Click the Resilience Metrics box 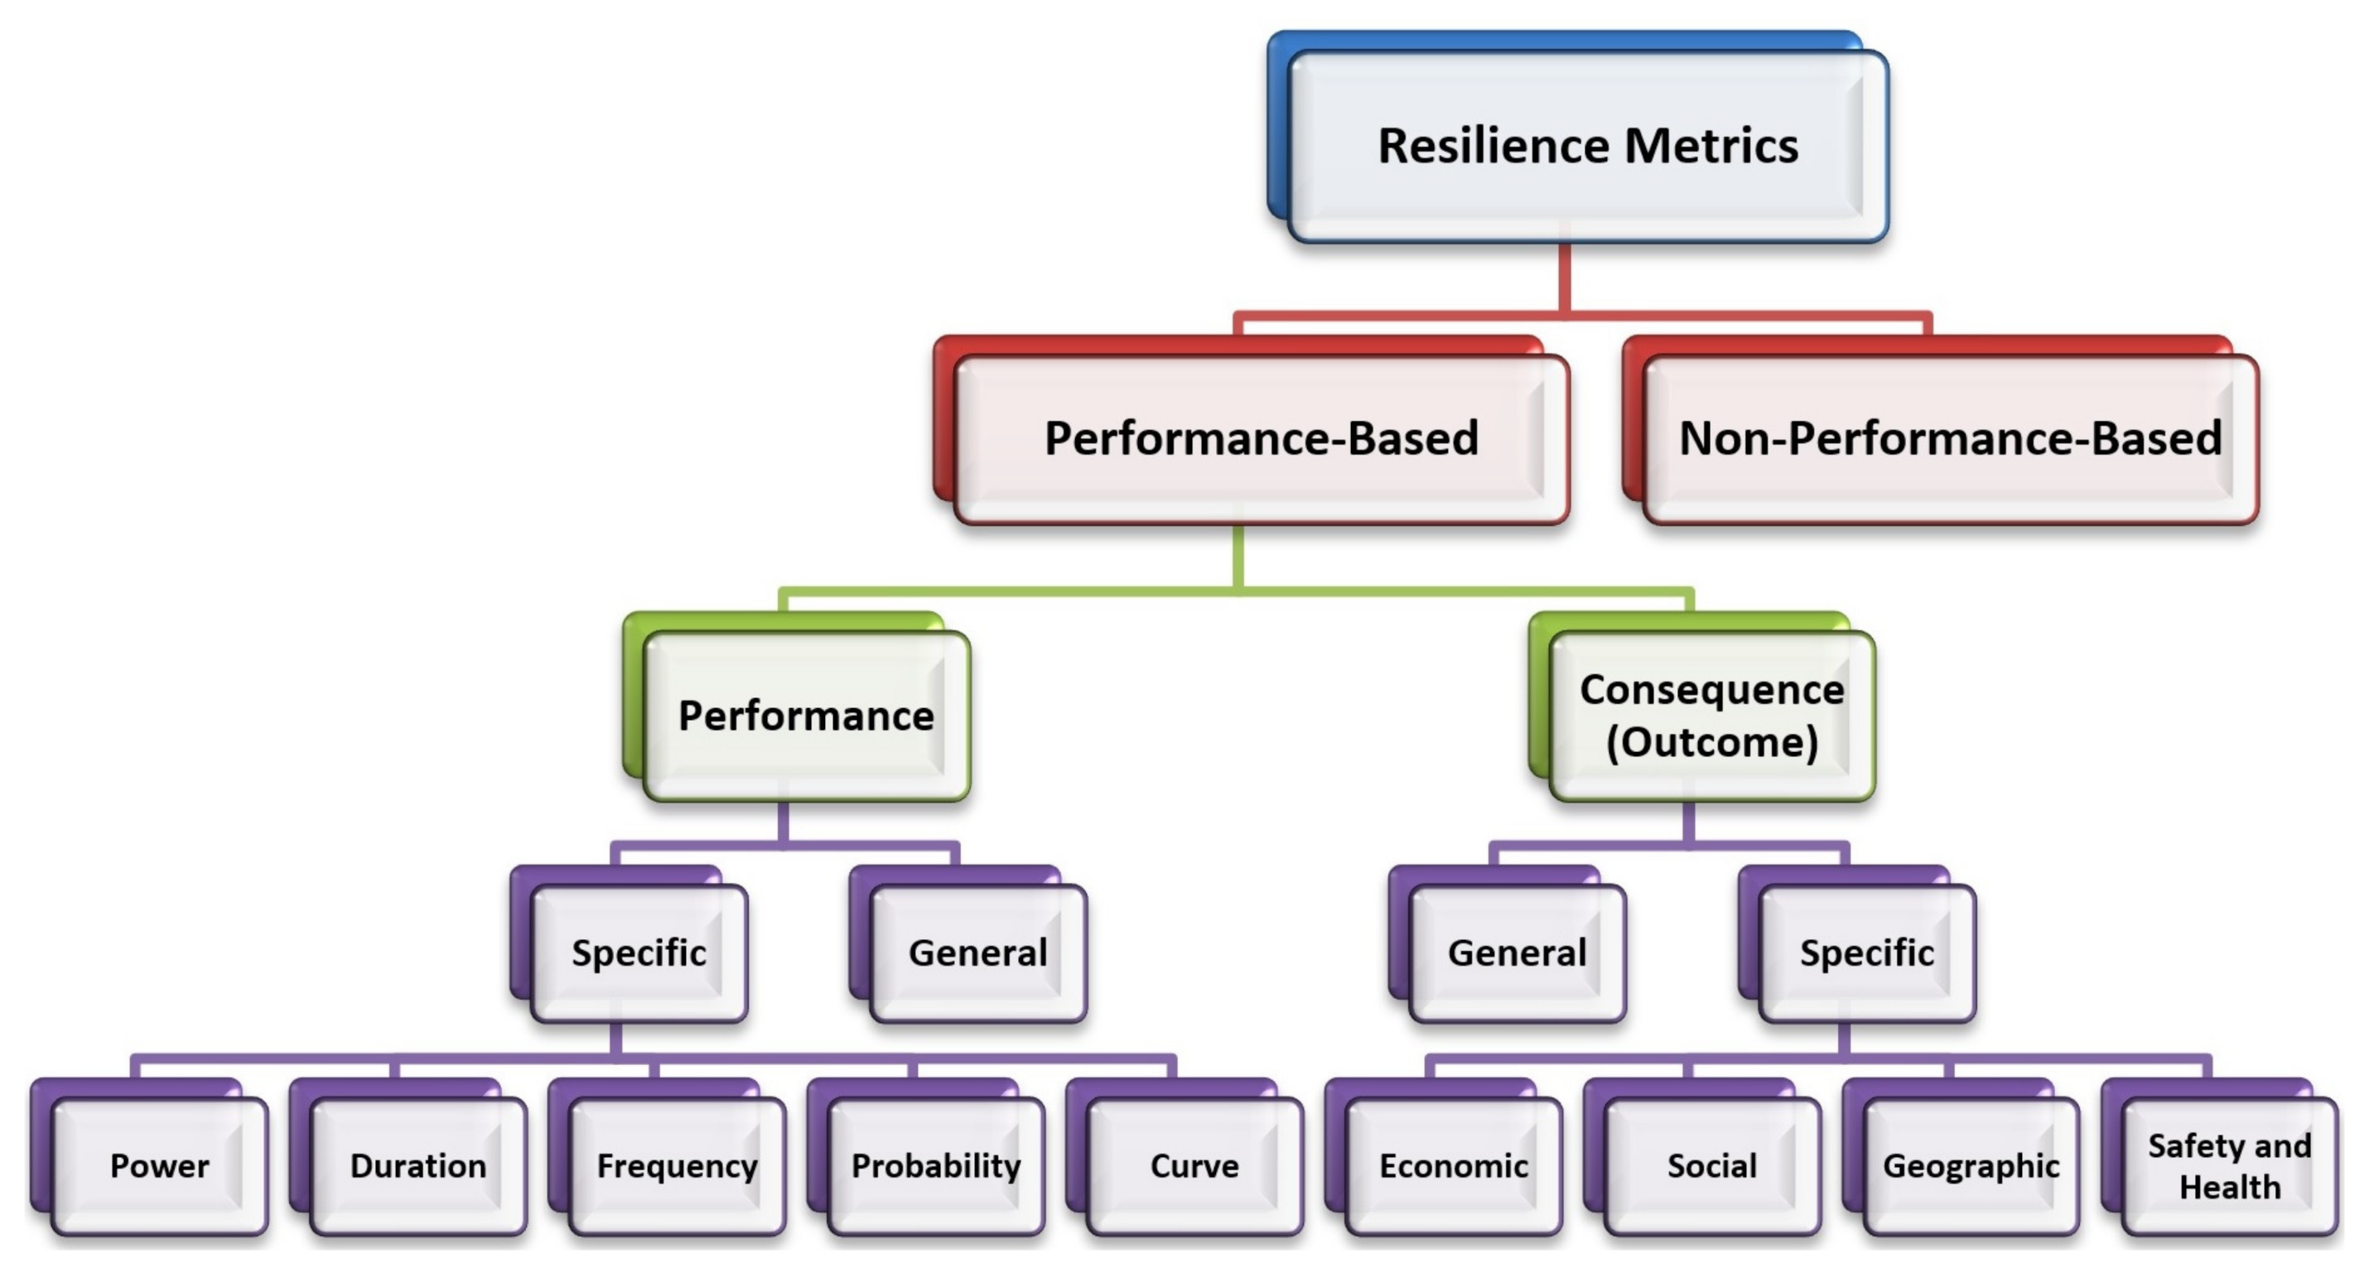tap(1587, 146)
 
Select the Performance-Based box tap(1261, 438)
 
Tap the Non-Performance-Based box tap(1950, 438)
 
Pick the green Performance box tap(805, 716)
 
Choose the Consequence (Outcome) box tap(1711, 716)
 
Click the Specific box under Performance tap(639, 953)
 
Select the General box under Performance tap(977, 953)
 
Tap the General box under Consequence tap(1517, 953)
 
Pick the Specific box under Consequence tap(1866, 953)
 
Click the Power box tap(159, 1166)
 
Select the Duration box tap(418, 1166)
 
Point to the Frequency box tap(678, 1166)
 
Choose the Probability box tap(936, 1166)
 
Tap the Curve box tap(1194, 1166)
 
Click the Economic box tap(1454, 1166)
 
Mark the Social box tap(1712, 1166)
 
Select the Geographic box tap(1971, 1166)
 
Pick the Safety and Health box tap(2229, 1166)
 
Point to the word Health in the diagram tap(2229, 1187)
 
